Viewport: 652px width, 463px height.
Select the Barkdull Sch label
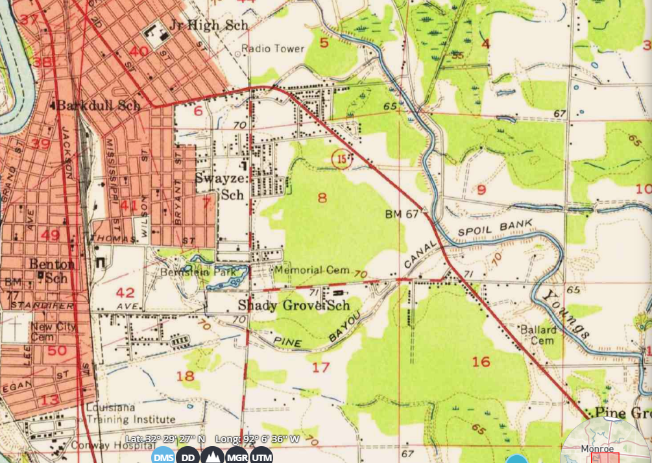(98, 106)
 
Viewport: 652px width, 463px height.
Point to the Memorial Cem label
(312, 270)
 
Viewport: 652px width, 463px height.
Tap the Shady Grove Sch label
(294, 305)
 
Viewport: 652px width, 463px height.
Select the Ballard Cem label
(538, 335)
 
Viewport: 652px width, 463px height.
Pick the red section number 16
(481, 361)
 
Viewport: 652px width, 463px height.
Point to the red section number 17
(320, 368)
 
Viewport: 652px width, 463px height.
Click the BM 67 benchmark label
(402, 213)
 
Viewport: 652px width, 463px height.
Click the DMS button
(163, 457)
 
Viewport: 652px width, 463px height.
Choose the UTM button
(261, 457)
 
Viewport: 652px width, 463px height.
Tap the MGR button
(237, 457)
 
